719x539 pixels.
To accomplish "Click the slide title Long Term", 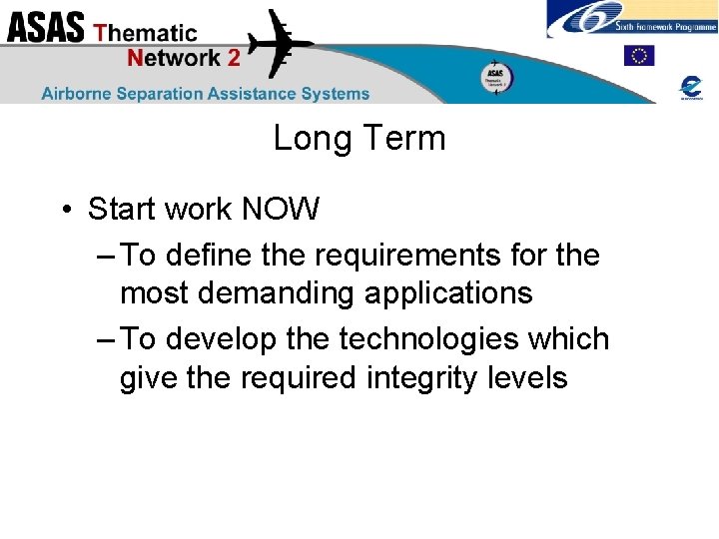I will (x=359, y=138).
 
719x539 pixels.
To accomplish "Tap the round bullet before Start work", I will (x=64, y=211).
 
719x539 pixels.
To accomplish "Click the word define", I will (x=208, y=256).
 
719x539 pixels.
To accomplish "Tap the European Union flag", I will (x=638, y=56).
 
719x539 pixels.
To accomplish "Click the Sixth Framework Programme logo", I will (x=631, y=19).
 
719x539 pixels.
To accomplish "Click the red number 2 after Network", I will (x=233, y=57).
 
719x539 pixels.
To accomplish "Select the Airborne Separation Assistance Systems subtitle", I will (x=205, y=93).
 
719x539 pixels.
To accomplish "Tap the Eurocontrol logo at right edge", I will (x=690, y=87).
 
